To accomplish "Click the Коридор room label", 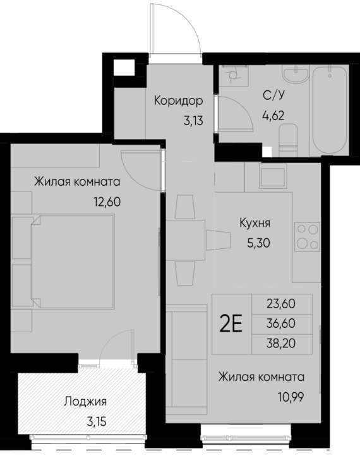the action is click(178, 101).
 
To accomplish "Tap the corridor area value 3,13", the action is click(193, 120).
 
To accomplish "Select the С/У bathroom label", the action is click(273, 95).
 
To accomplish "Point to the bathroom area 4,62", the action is click(273, 116).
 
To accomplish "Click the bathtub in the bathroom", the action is click(330, 111).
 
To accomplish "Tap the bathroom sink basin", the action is click(296, 74).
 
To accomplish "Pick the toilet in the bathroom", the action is click(288, 140).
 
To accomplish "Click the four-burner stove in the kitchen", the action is click(307, 237).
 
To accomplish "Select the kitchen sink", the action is click(273, 178).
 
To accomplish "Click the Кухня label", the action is click(255, 223).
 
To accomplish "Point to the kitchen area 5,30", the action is click(258, 243).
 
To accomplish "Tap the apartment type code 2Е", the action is click(231, 324).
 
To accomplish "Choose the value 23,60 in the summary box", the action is click(281, 304).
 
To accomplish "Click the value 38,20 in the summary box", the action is click(281, 344).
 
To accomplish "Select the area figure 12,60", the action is click(107, 202).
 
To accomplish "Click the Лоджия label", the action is click(85, 402).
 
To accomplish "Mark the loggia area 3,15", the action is click(97, 422).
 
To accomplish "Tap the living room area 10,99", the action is click(291, 397).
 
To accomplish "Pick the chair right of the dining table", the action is click(219, 240).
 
